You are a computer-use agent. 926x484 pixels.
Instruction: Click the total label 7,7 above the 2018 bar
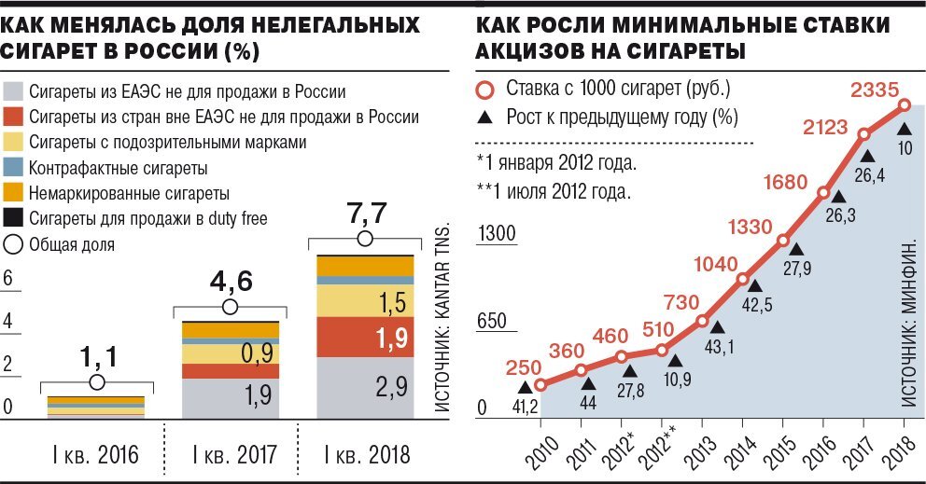364,213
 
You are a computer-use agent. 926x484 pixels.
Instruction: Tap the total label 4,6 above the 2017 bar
230,281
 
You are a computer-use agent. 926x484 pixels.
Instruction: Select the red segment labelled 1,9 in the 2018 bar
364,338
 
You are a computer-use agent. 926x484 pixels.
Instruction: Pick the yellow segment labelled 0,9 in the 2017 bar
230,353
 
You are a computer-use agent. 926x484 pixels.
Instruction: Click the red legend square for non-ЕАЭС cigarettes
13,118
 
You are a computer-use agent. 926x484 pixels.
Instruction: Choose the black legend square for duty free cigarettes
13,219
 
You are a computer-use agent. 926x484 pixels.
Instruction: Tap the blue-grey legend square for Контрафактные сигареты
13,169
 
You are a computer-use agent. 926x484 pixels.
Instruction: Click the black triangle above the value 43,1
716,326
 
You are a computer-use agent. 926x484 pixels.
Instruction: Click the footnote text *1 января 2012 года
557,162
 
